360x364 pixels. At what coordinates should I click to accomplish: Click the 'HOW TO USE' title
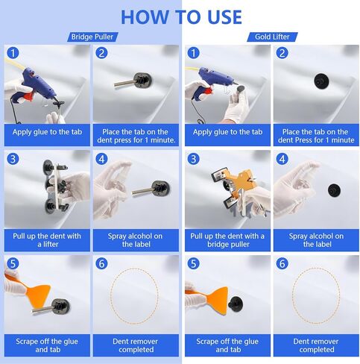click(x=181, y=17)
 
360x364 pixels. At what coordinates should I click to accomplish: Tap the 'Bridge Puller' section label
click(x=92, y=37)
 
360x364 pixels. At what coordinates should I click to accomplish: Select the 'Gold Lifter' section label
click(x=272, y=37)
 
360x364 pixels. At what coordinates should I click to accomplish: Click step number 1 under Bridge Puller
click(x=13, y=53)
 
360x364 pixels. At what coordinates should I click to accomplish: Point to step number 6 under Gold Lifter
click(x=282, y=263)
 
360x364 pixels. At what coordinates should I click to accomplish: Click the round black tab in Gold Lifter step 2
click(x=321, y=81)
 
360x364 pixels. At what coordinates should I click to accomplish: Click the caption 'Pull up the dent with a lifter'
click(x=47, y=240)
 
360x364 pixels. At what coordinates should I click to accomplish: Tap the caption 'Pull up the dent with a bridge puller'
click(x=227, y=240)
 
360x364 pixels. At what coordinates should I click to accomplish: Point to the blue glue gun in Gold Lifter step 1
click(x=214, y=80)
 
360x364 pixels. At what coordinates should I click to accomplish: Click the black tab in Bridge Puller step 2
click(x=142, y=81)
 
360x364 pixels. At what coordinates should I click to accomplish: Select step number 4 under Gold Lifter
click(x=282, y=159)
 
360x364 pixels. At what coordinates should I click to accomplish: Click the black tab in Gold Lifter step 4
click(x=334, y=190)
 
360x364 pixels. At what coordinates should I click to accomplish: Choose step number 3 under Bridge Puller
click(x=13, y=159)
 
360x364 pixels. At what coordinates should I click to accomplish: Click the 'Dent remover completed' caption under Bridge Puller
click(x=136, y=345)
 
